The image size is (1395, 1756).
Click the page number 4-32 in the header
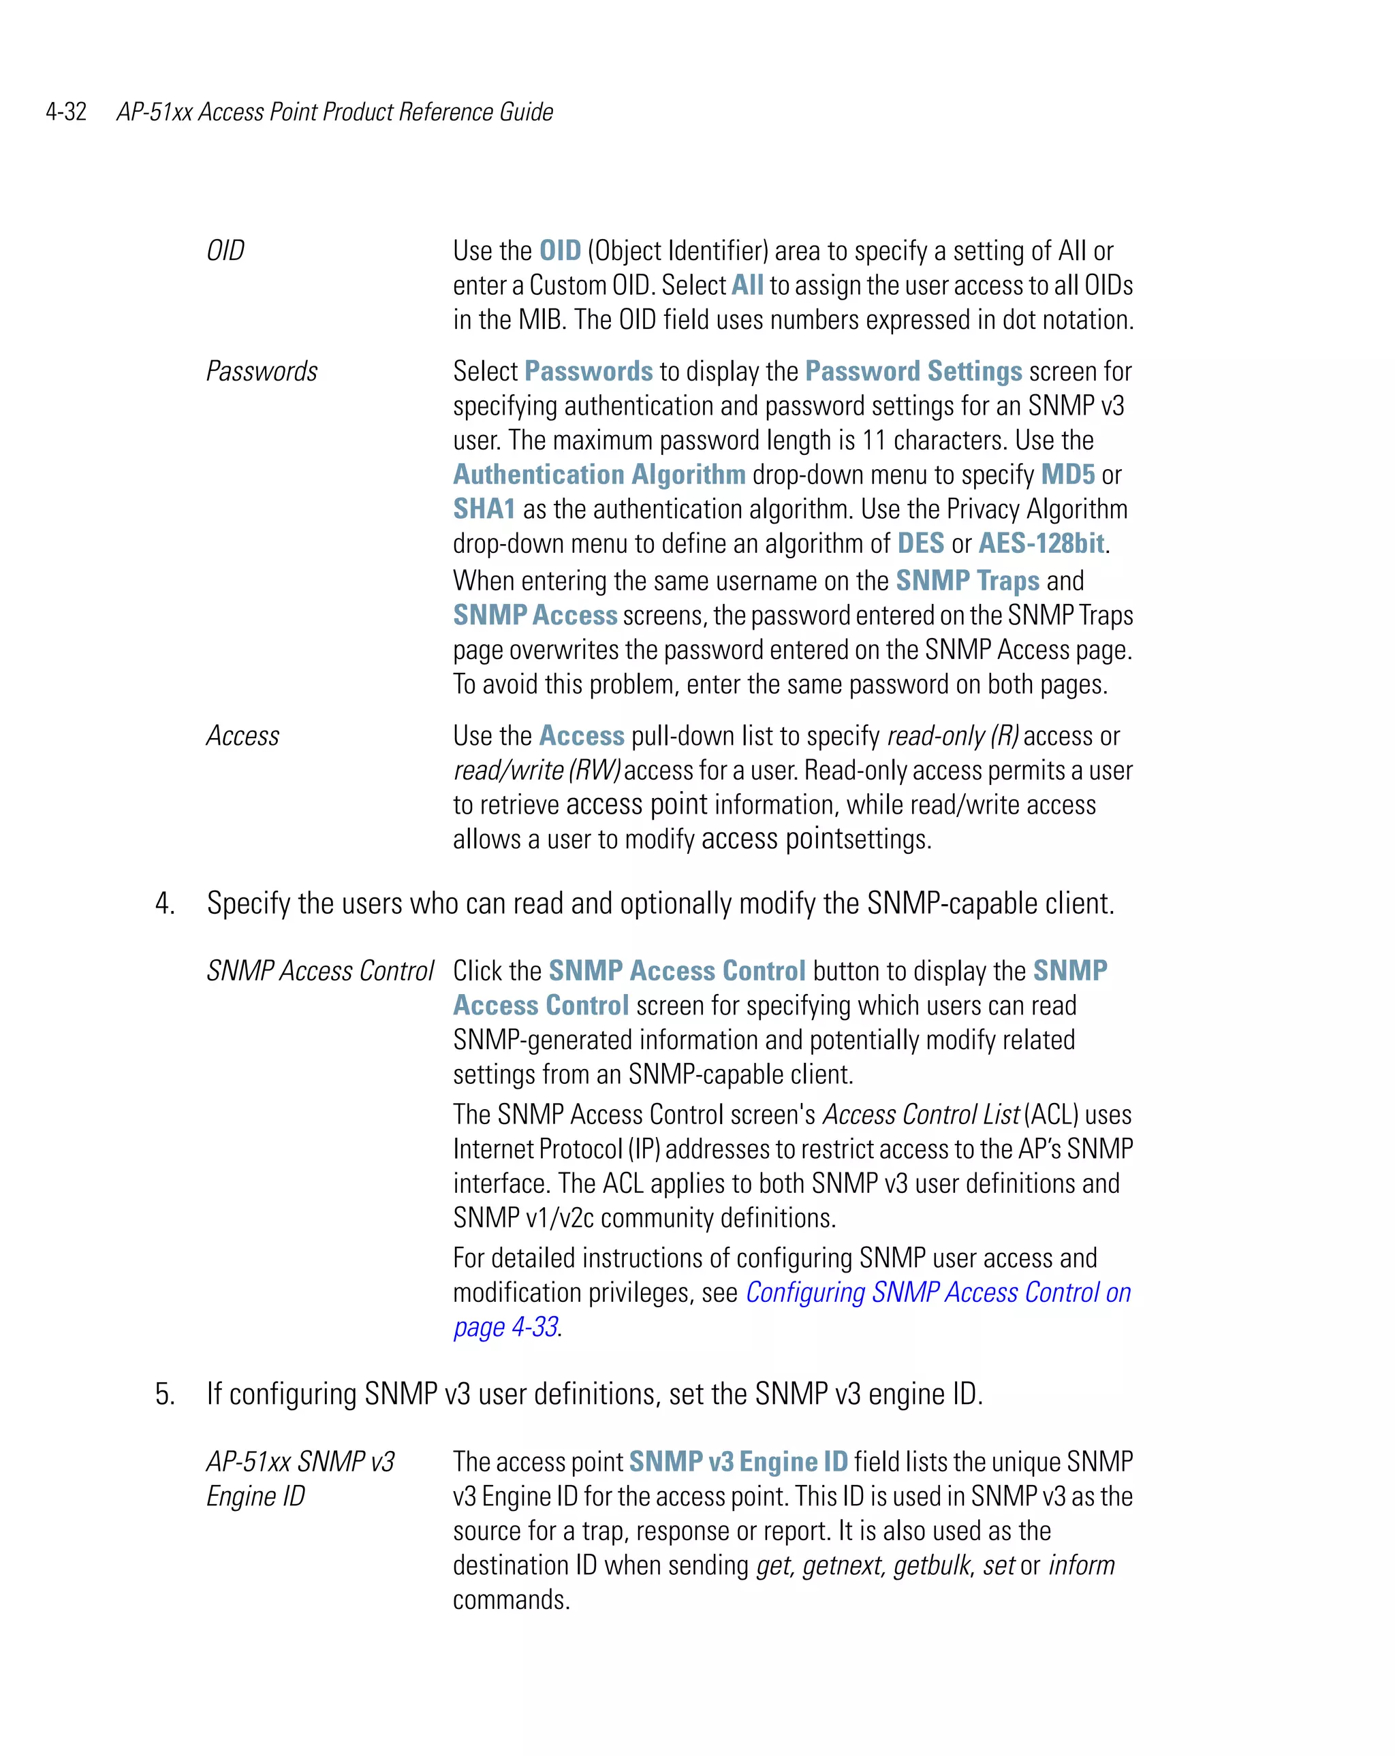point(66,112)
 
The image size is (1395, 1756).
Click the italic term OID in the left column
point(225,251)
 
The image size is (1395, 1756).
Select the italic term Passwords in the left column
point(262,371)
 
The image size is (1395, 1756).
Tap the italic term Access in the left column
point(242,736)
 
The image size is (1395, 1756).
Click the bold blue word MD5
point(1067,475)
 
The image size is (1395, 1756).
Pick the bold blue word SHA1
point(484,509)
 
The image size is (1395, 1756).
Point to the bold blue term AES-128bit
point(1041,543)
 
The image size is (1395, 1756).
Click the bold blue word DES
point(920,543)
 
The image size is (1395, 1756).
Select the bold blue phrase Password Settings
point(913,371)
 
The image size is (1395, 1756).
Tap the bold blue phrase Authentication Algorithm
point(599,475)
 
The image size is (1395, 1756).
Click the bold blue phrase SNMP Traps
point(967,581)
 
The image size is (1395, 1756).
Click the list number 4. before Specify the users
point(166,904)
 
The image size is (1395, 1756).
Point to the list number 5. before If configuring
point(166,1394)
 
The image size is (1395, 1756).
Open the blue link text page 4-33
point(505,1328)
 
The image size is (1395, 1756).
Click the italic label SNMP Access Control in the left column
point(320,971)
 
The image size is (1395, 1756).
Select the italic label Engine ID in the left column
point(256,1496)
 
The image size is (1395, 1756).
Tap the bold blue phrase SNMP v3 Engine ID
point(738,1462)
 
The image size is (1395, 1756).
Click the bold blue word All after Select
point(747,286)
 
